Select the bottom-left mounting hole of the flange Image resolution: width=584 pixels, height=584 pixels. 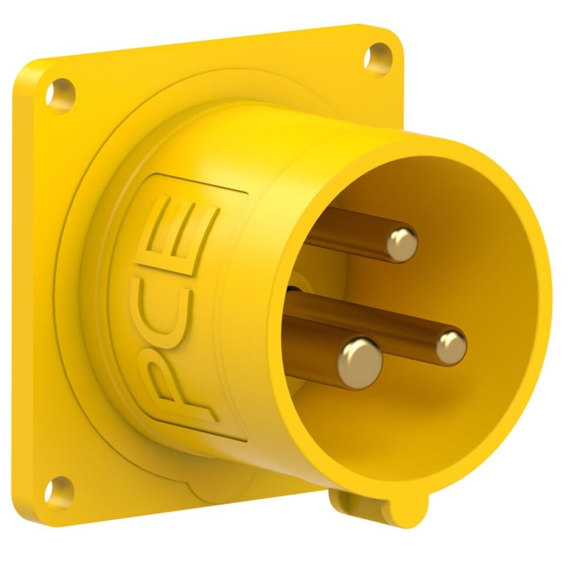pos(60,489)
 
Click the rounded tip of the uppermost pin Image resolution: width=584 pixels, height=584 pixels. pos(403,242)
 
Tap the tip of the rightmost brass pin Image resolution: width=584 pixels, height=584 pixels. pos(451,347)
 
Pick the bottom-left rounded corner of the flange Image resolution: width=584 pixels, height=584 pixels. pos(29,514)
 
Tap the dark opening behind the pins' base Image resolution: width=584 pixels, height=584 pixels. pos(296,286)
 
